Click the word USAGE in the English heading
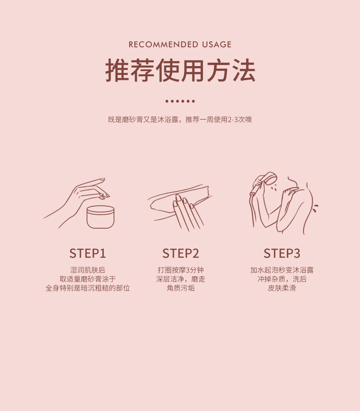point(217,44)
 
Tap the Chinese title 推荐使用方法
point(180,70)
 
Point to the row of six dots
point(180,101)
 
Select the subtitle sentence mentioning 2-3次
point(180,119)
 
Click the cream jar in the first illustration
point(100,217)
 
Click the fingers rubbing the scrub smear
point(187,212)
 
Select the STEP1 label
point(88,253)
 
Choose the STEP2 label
point(181,253)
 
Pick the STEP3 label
point(282,253)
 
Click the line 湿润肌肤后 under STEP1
point(88,270)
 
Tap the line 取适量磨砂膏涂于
point(88,279)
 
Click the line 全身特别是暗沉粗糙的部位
point(88,288)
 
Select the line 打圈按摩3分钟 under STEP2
point(181,270)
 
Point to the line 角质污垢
point(181,288)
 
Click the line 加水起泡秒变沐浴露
point(282,270)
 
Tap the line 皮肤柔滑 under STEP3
point(282,288)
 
